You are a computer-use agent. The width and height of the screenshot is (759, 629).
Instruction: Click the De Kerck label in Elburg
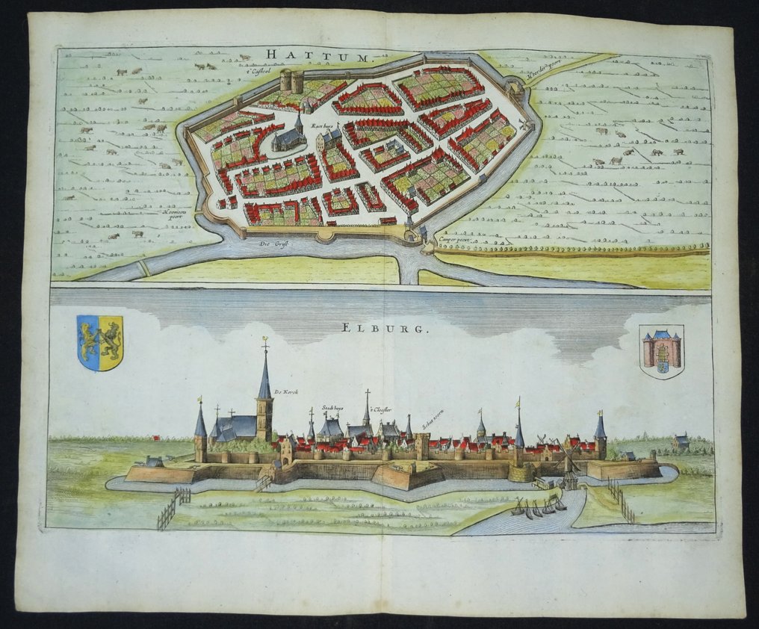click(286, 392)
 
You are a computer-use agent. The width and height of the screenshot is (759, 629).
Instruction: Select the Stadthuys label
click(332, 408)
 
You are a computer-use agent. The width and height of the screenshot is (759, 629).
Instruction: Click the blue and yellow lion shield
click(100, 342)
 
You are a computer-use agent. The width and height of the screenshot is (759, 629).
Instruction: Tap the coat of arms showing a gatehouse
click(662, 350)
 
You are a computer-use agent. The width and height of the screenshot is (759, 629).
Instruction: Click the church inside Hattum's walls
click(289, 137)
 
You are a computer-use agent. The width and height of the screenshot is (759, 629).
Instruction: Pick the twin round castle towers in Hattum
click(291, 81)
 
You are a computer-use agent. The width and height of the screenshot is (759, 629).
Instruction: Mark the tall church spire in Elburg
click(264, 381)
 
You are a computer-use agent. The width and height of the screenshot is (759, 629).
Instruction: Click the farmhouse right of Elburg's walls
click(681, 441)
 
